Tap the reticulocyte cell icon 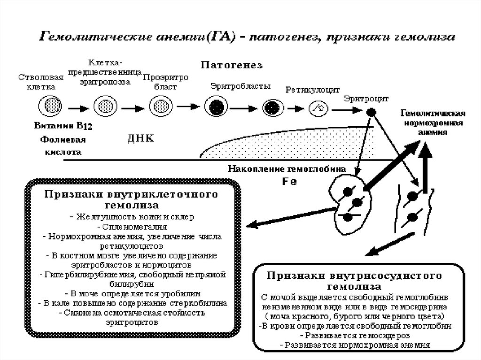pyautogui.click(x=318, y=108)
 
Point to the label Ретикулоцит pyautogui.click(x=306, y=90)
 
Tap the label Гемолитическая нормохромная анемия pyautogui.click(x=433, y=123)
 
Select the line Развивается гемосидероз pyautogui.click(x=355, y=336)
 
